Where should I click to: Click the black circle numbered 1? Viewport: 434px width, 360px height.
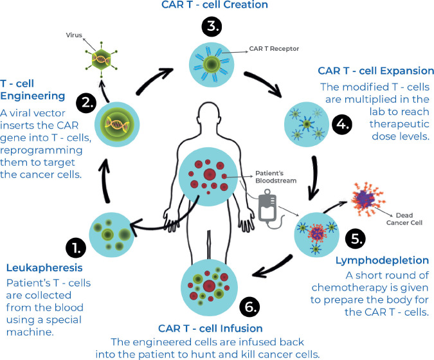pyautogui.click(x=76, y=248)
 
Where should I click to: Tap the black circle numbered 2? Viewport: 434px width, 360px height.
pyautogui.click(x=86, y=104)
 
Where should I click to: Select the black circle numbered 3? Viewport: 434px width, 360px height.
pyautogui.click(x=212, y=26)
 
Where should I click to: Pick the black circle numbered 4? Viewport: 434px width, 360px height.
pyautogui.click(x=343, y=124)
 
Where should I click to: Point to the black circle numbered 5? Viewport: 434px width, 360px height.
pyautogui.click(x=356, y=239)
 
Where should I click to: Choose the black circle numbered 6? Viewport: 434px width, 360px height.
pyautogui.click(x=249, y=306)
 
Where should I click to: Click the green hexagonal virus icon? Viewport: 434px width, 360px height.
pyautogui.click(x=102, y=60)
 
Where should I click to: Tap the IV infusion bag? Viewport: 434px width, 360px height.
pyautogui.click(x=267, y=206)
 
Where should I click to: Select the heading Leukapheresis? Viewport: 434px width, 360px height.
pyautogui.click(x=44, y=267)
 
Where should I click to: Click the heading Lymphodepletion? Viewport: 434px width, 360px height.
pyautogui.click(x=382, y=260)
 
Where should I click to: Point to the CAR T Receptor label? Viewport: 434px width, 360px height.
pyautogui.click(x=274, y=49)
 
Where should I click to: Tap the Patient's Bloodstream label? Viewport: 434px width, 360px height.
pyautogui.click(x=276, y=177)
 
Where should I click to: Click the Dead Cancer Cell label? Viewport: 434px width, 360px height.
pyautogui.click(x=404, y=219)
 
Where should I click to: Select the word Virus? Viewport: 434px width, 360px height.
pyautogui.click(x=74, y=35)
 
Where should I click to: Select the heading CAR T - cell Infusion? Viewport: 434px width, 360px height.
pyautogui.click(x=210, y=328)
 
